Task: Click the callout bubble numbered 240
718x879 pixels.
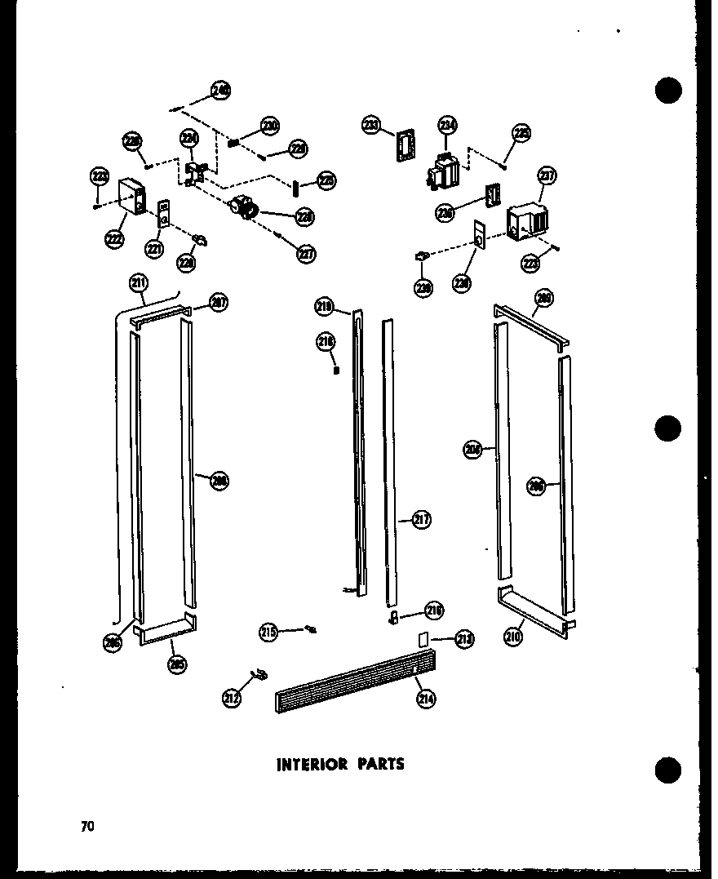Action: pos(220,91)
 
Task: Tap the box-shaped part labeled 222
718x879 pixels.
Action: pos(131,198)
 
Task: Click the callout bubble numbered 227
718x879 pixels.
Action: pos(305,254)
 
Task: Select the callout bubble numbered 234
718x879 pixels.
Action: pos(447,125)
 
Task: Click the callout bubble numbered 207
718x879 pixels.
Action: pos(218,302)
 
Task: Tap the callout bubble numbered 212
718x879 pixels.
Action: pos(233,698)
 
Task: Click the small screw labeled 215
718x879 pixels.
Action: pos(311,628)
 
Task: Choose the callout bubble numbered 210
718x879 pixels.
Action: pos(512,637)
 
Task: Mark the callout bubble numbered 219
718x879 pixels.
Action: pos(325,307)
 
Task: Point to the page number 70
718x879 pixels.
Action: pos(87,826)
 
